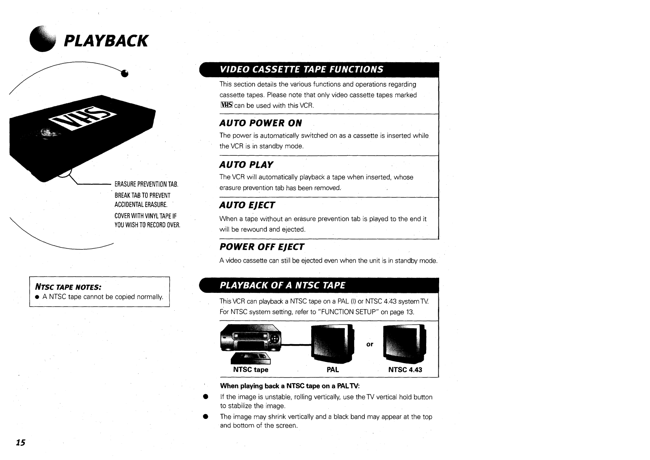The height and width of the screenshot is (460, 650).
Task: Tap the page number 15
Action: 20,443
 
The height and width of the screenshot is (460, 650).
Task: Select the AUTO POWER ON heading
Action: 260,123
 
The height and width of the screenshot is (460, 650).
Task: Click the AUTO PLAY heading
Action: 246,165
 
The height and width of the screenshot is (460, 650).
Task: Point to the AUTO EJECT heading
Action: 247,205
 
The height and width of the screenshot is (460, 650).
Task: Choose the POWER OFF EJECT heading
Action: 262,247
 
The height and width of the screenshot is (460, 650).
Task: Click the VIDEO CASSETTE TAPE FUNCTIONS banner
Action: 301,69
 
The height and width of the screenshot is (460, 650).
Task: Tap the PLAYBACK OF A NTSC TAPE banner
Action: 282,285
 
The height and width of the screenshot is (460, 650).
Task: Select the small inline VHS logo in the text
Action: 226,105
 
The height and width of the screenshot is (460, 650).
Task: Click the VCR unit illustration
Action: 250,337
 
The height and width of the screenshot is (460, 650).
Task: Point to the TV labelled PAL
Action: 332,343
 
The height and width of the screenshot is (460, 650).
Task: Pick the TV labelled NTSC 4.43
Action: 405,343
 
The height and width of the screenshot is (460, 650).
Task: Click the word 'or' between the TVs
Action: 370,344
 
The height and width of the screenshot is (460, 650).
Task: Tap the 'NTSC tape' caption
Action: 251,370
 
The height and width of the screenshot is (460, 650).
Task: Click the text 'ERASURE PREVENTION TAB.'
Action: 146,185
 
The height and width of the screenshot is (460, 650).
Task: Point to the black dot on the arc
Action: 125,74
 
